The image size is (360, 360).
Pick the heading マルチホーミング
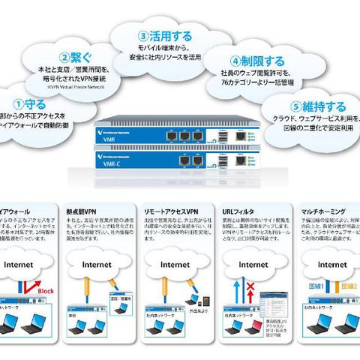point(325,211)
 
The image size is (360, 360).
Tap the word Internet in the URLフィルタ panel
point(251,265)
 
